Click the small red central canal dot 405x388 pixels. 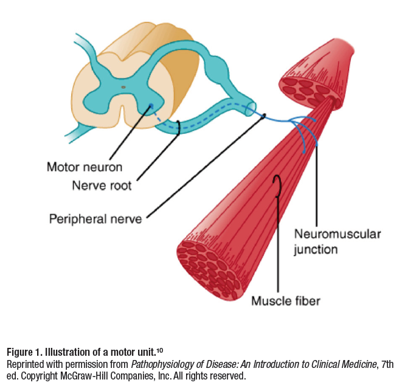coord(123,86)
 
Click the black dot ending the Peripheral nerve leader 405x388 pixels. coord(265,115)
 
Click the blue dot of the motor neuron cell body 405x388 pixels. coord(152,106)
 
